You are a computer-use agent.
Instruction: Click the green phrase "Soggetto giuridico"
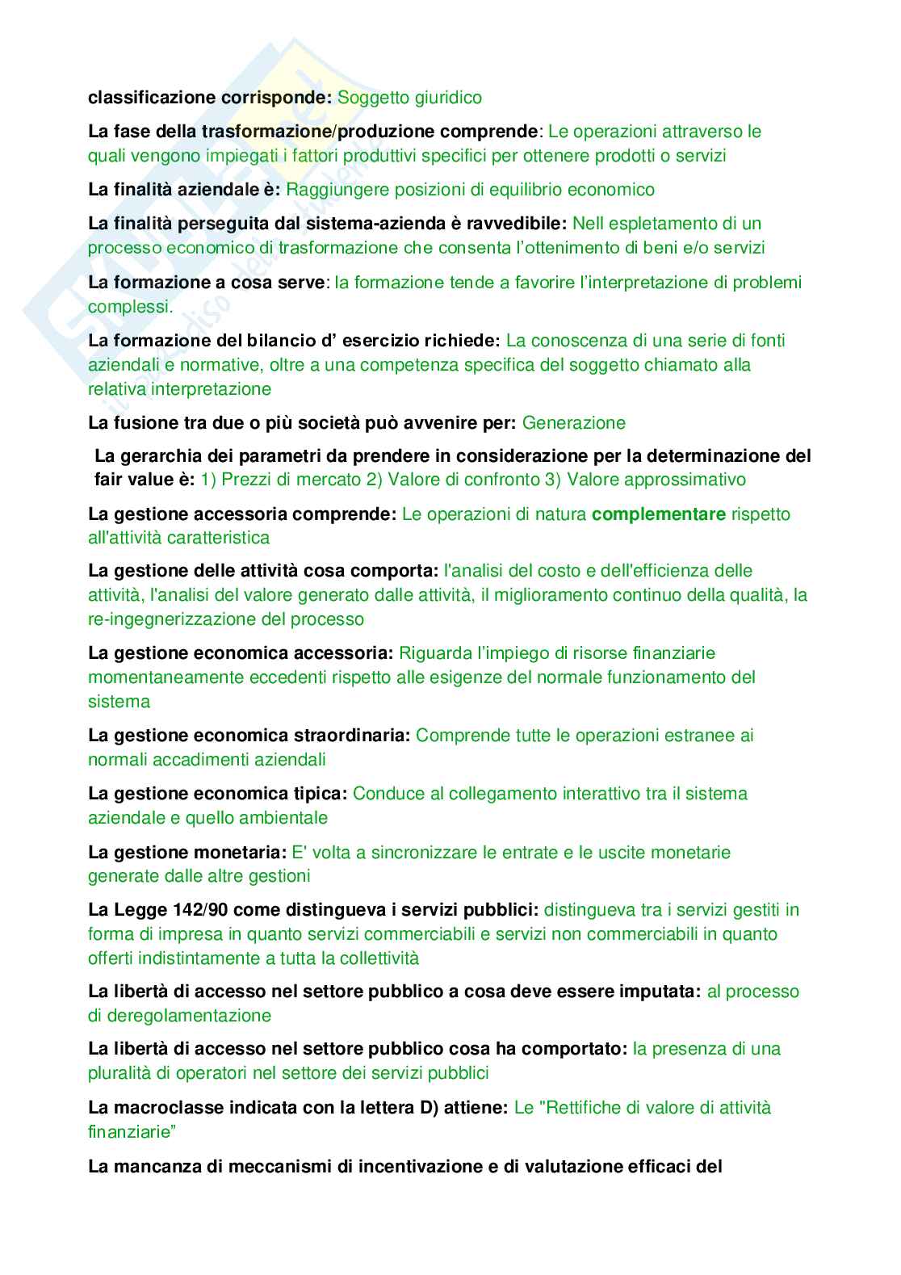coord(409,98)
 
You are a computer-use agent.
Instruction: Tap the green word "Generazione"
coord(573,423)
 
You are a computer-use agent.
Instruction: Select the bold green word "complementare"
coord(659,514)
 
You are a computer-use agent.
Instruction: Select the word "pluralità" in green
coord(119,1073)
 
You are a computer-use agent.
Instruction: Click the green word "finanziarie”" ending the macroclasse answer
coord(132,1132)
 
